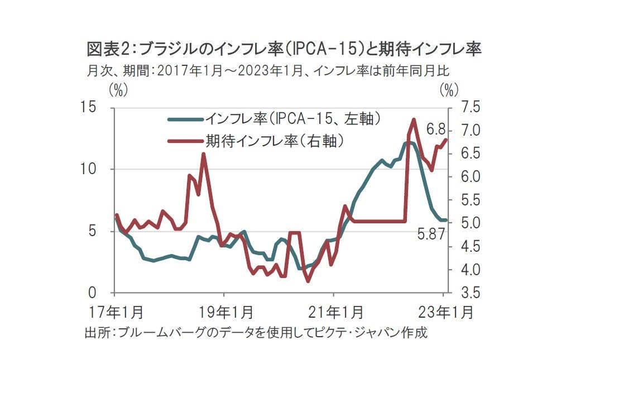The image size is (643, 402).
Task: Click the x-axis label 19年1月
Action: point(227,311)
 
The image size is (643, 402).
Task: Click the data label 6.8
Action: point(437,130)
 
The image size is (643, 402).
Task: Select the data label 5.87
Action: point(432,234)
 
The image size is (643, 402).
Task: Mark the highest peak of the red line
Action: point(414,119)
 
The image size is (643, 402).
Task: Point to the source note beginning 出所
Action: point(256,332)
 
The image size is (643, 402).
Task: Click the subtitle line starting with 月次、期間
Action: point(268,71)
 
